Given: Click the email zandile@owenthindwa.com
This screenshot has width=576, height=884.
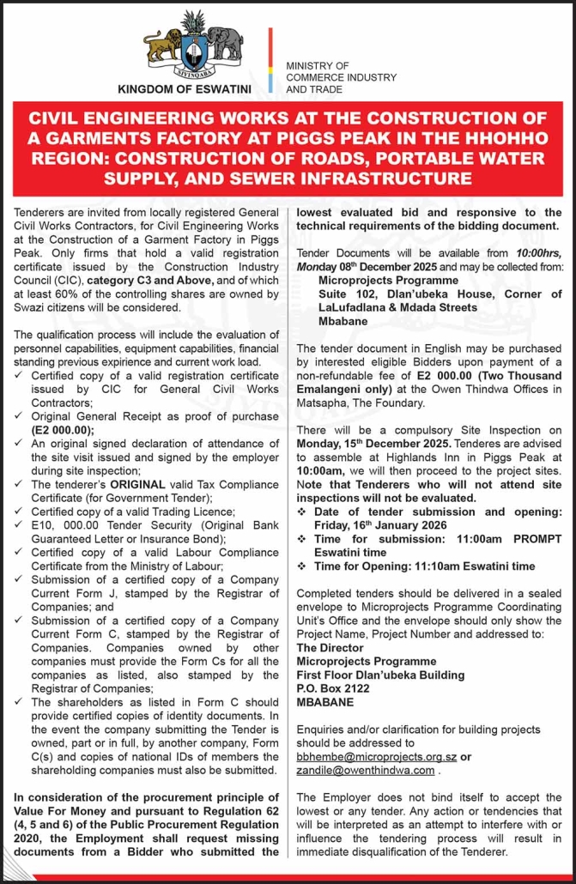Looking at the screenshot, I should point(365,770).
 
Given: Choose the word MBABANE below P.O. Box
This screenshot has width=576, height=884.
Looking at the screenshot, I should point(324,702).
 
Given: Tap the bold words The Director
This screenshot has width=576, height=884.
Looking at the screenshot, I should point(330,648).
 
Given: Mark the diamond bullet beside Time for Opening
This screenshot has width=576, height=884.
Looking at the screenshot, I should point(301,566).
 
